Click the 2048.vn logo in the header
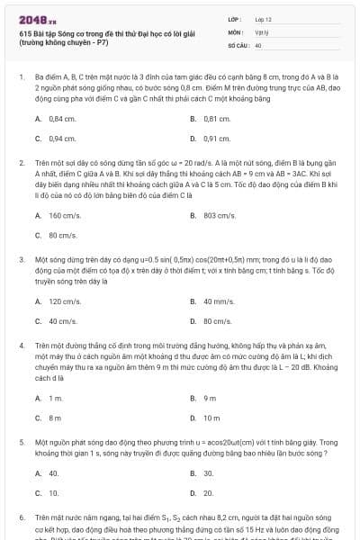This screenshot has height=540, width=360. click(x=35, y=18)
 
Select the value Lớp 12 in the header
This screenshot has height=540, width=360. click(x=264, y=18)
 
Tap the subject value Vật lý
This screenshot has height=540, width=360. click(x=261, y=31)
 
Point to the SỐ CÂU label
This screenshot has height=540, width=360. click(x=238, y=44)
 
